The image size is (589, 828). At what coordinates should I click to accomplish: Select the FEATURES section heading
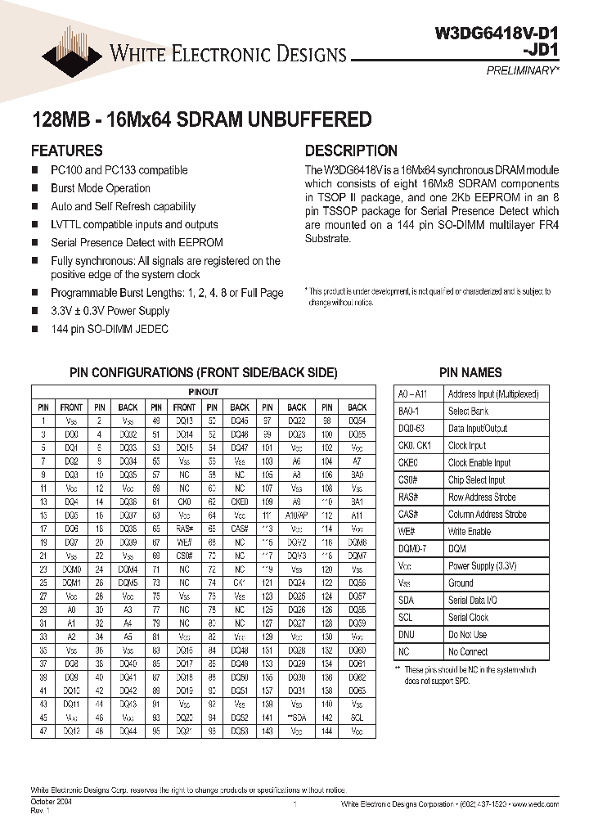coord(67,151)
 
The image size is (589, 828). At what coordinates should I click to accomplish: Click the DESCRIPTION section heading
coord(351,151)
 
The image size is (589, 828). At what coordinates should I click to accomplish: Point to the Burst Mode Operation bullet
coord(100,188)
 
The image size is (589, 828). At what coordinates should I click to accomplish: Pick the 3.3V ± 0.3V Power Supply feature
coord(110,311)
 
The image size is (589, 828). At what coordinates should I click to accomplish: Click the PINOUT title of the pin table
coord(204,392)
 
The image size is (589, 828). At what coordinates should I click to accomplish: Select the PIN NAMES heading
coord(470,372)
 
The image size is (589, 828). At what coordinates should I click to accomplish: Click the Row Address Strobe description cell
coord(481,497)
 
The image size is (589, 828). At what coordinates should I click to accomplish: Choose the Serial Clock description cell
coord(468,618)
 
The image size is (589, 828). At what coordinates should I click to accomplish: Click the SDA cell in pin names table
coord(406,601)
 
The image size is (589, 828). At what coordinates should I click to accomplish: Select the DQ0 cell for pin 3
coord(71,435)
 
